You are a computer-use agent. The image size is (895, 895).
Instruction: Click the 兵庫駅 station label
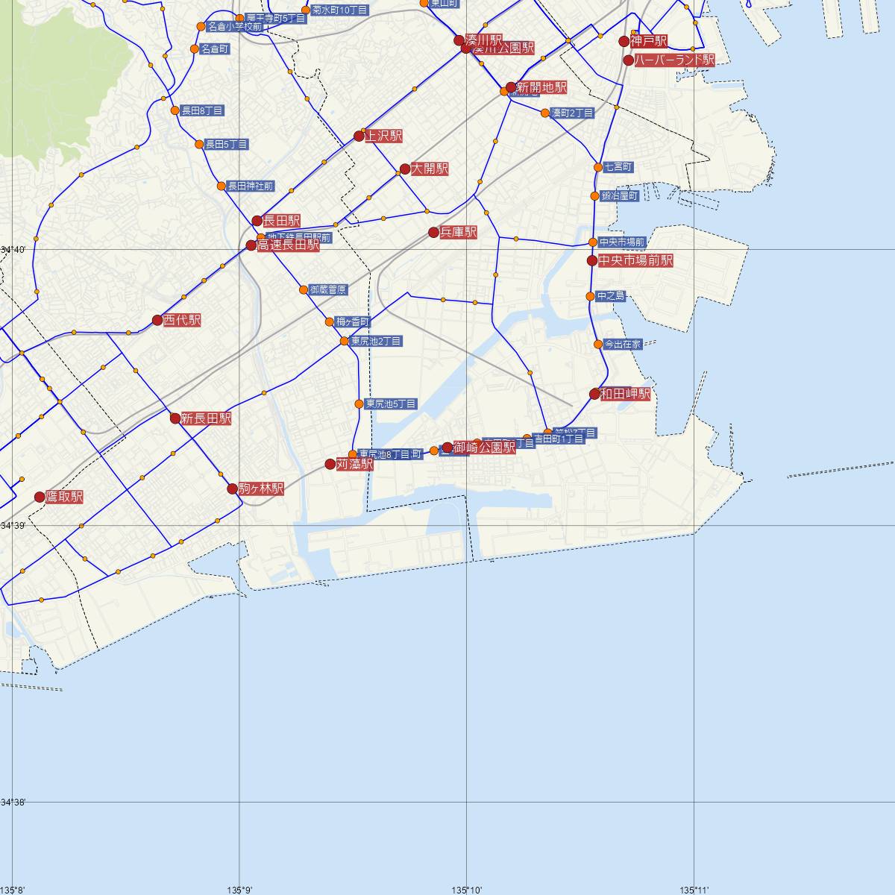[458, 233]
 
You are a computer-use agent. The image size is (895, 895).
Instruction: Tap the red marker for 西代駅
[157, 320]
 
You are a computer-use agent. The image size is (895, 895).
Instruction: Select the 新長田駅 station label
[206, 418]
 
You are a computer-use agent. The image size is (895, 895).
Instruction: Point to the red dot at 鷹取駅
[40, 497]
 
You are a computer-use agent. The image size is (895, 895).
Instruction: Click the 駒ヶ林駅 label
[261, 489]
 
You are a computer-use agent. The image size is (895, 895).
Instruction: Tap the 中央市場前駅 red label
[635, 260]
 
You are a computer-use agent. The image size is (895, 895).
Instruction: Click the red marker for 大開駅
[405, 169]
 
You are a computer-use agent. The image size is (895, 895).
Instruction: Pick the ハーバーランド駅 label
[674, 60]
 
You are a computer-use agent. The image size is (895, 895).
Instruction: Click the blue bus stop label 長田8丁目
[203, 110]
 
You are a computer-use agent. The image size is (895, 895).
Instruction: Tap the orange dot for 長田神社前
[221, 186]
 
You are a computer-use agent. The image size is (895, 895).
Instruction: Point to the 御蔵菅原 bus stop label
[328, 289]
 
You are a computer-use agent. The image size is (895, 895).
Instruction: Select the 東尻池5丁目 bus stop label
[391, 403]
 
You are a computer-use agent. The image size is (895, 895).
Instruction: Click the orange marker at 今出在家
[598, 344]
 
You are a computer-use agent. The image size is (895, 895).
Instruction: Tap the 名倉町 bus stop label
[215, 49]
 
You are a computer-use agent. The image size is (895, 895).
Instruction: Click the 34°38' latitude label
[13, 803]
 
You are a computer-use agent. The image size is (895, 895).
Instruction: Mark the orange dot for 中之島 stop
[591, 296]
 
